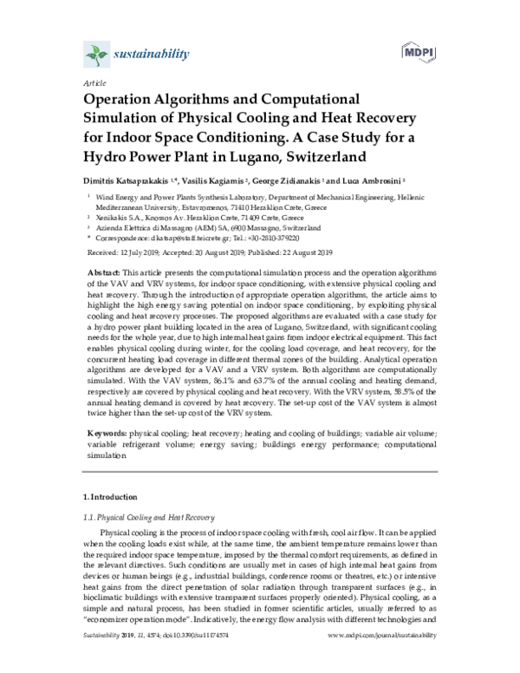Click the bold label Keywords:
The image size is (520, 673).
pyautogui.click(x=108, y=432)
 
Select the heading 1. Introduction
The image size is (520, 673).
pyautogui.click(x=108, y=497)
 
